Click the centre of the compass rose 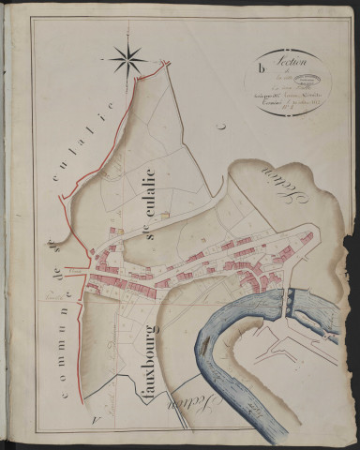[127, 61]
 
